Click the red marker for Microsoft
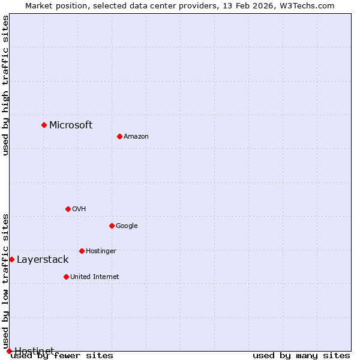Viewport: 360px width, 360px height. tap(44, 125)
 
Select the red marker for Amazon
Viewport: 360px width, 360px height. tap(119, 136)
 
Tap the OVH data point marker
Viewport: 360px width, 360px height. tap(68, 209)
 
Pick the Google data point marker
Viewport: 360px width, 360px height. tap(112, 226)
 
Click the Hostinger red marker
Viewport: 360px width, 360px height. tap(82, 251)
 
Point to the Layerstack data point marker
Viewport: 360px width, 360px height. tap(11, 259)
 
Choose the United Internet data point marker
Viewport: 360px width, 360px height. tap(66, 277)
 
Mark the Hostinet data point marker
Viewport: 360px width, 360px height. tap(9, 351)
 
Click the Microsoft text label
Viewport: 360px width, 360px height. tap(71, 125)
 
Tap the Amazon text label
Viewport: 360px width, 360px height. tap(136, 136)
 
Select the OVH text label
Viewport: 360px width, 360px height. tap(79, 209)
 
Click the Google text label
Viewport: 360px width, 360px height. tap(127, 226)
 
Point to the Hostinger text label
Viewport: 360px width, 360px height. tap(101, 251)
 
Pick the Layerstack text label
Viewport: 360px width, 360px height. tap(43, 259)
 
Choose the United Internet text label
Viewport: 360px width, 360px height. tap(94, 277)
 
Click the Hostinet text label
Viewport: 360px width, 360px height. tap(34, 350)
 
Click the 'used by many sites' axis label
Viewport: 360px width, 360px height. tap(301, 355)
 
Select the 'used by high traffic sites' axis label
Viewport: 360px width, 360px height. tap(5, 85)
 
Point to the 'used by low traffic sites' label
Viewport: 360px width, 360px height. tap(5, 281)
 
